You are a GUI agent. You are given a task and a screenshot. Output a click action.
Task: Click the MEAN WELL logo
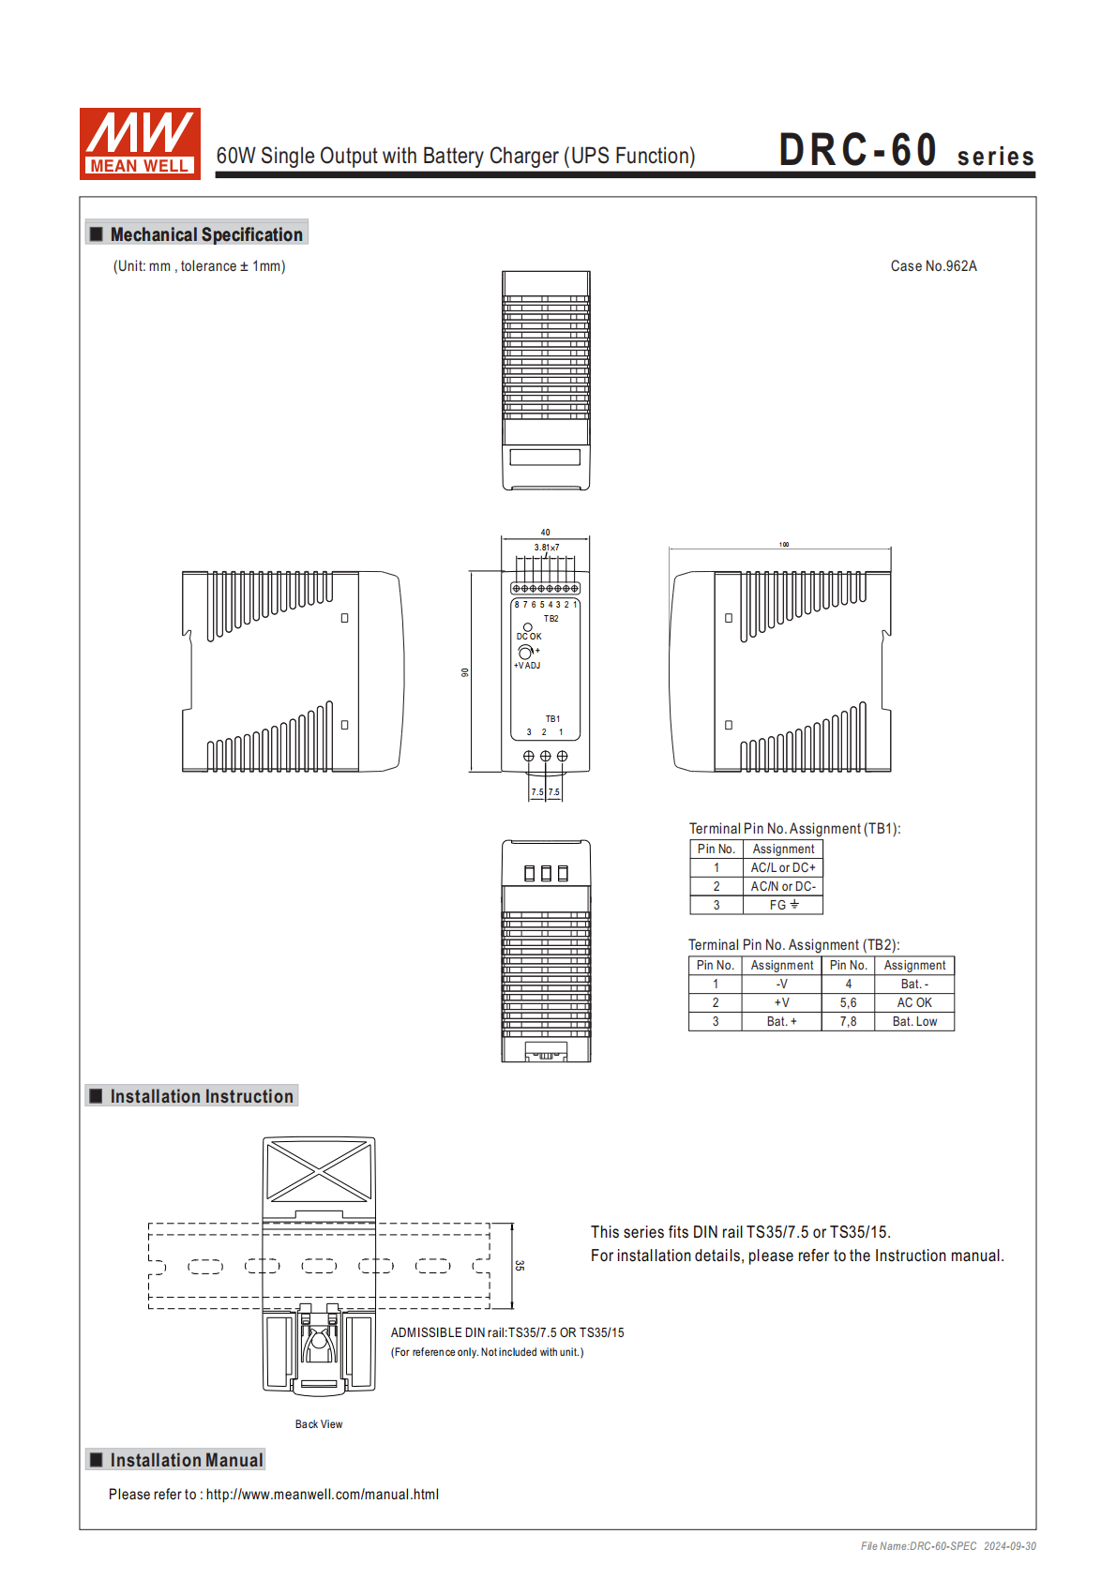[x=140, y=143]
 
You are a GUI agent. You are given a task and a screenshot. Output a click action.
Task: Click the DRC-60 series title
[x=905, y=151]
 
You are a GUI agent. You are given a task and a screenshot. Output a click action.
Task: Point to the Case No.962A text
[x=933, y=266]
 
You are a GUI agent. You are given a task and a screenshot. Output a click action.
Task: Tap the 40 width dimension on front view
[x=545, y=533]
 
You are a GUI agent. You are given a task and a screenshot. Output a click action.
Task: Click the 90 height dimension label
[x=464, y=672]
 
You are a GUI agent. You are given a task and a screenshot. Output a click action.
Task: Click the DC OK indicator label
[x=529, y=637]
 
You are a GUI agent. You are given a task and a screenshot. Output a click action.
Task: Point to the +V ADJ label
[x=527, y=666]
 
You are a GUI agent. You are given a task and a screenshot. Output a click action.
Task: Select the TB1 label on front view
[x=552, y=719]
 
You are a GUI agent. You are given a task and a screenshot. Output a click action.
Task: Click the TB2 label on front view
[x=550, y=619]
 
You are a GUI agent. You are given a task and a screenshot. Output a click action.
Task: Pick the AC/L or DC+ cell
[x=783, y=868]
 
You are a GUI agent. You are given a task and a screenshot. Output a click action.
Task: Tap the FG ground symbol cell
[x=783, y=905]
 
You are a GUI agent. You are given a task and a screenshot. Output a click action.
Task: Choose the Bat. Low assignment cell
[x=914, y=1022]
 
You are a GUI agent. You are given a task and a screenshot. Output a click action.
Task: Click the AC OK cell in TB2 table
[x=914, y=1003]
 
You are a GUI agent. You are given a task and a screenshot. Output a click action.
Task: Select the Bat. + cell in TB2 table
[x=781, y=1022]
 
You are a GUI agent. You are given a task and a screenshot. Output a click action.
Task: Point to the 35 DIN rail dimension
[x=520, y=1266]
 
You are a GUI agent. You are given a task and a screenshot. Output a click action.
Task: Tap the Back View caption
[x=319, y=1424]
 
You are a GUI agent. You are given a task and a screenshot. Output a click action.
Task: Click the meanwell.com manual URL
[x=322, y=1495]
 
